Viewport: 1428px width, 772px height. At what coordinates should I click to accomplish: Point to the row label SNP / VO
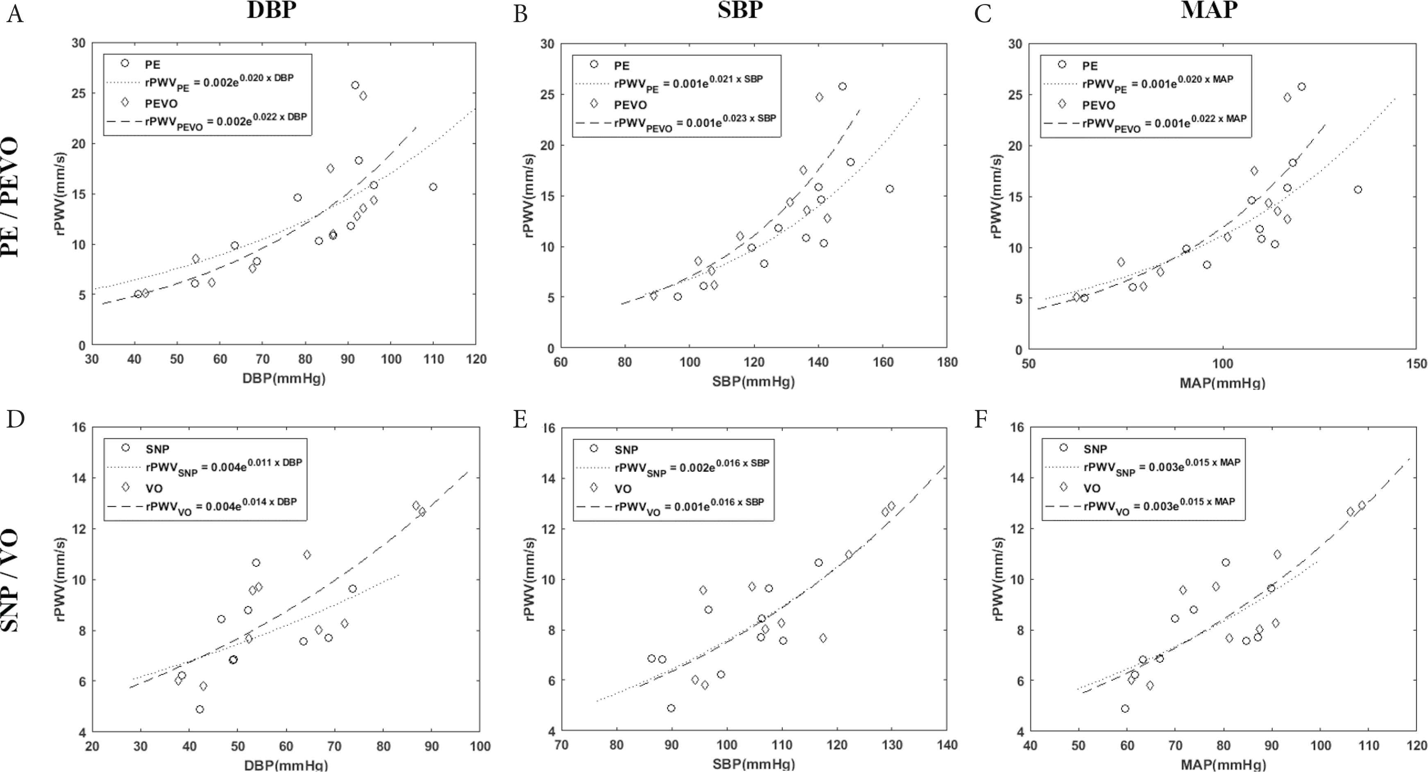tap(11, 581)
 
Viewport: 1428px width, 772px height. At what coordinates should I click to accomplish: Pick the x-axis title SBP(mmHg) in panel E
tap(753, 764)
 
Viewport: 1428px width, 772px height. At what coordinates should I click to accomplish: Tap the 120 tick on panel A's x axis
tap(475, 360)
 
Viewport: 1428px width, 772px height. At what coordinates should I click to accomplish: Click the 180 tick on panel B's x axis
tap(947, 362)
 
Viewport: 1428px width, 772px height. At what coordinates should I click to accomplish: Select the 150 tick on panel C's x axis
tap(1417, 364)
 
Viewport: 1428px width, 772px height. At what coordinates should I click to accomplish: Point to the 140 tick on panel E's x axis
tap(946, 745)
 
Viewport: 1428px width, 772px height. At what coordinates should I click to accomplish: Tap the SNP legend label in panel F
tap(1095, 449)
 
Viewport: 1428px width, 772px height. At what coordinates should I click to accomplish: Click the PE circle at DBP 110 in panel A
tap(433, 187)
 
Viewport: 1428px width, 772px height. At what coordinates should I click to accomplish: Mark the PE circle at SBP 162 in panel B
tap(890, 189)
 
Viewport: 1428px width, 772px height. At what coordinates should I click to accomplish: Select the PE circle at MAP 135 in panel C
tap(1358, 190)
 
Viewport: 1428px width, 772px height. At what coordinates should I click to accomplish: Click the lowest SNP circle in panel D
tap(199, 709)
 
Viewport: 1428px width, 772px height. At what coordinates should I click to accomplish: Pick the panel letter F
tap(981, 419)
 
